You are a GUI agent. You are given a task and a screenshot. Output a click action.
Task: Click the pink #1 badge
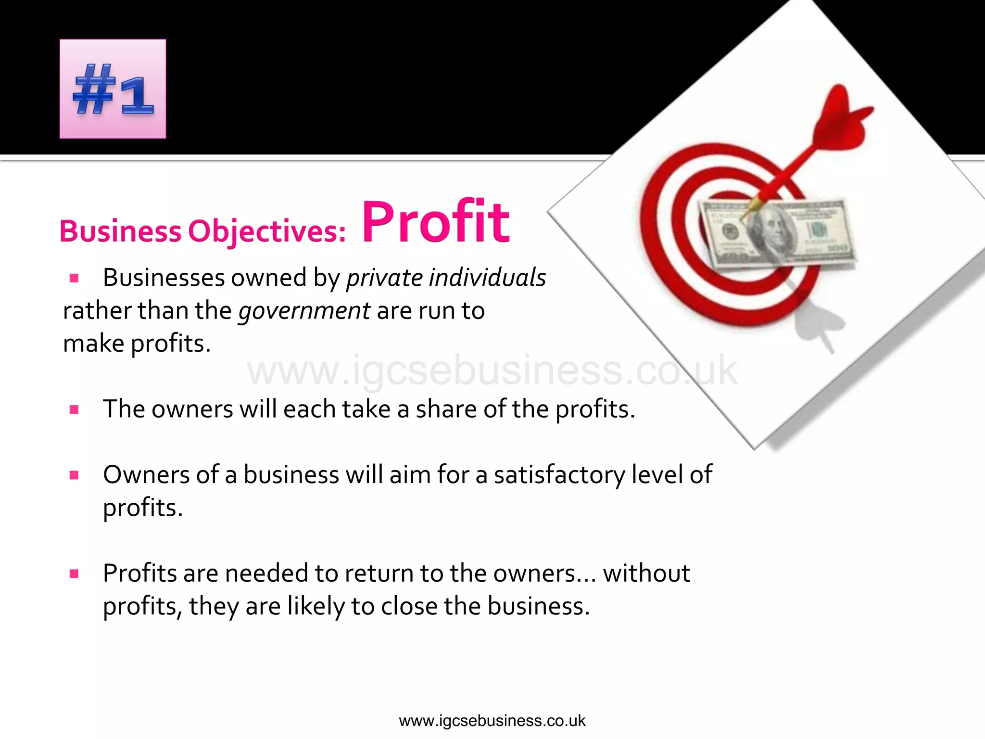(113, 89)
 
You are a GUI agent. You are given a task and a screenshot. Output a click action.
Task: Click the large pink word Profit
(435, 222)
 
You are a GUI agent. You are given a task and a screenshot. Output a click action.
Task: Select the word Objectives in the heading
(266, 232)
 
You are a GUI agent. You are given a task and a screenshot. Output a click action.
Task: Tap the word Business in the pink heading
(120, 231)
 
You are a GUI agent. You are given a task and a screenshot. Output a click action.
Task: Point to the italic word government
(304, 311)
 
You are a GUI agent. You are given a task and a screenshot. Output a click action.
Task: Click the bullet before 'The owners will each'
(74, 409)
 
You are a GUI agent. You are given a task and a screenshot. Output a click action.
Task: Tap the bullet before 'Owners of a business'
(74, 475)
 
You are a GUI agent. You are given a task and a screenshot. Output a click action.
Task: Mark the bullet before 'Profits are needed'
(74, 573)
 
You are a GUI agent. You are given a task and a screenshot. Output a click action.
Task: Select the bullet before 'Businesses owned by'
(74, 278)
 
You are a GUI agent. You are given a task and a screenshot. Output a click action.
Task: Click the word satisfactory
(559, 475)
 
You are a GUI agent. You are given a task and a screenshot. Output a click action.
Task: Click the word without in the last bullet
(646, 573)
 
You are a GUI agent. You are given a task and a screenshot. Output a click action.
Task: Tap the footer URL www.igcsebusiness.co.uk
(492, 721)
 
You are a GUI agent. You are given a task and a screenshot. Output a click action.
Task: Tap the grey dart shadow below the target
(820, 322)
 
